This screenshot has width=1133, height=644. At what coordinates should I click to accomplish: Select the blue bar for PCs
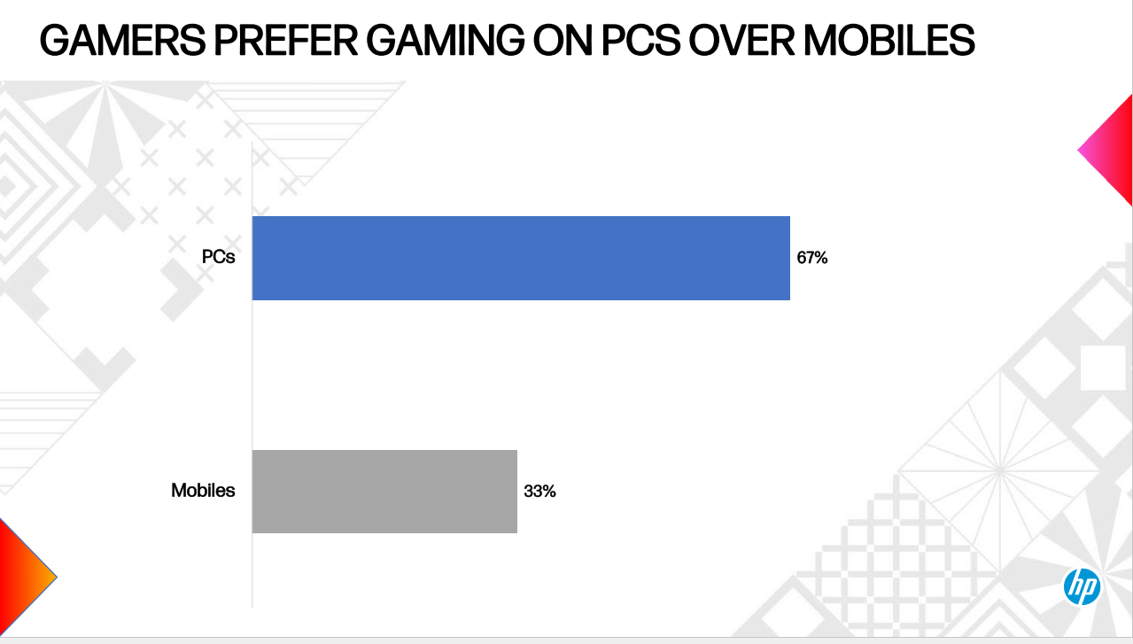(x=521, y=258)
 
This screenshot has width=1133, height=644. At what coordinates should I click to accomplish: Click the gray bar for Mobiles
(x=384, y=491)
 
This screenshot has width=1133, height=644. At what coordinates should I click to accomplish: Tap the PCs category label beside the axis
(x=217, y=258)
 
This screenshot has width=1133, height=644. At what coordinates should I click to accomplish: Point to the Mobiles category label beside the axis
(x=203, y=490)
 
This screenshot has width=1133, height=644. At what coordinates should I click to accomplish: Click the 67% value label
(x=811, y=259)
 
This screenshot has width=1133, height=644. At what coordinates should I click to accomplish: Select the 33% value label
(x=539, y=491)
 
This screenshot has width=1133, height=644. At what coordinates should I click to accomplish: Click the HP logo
(x=1082, y=586)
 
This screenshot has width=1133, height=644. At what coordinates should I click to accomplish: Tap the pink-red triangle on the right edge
(x=1110, y=151)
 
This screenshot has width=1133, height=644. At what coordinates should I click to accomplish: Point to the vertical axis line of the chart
(x=252, y=372)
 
